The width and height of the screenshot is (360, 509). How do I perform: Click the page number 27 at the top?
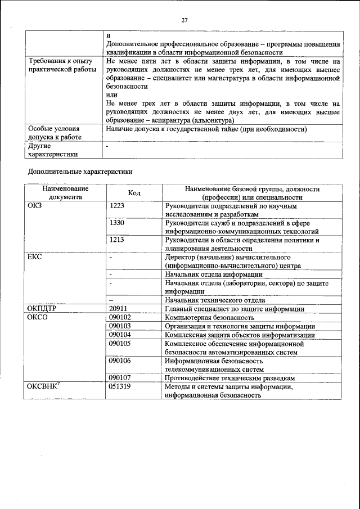pos(184,20)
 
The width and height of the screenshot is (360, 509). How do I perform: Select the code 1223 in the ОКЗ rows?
pos(117,206)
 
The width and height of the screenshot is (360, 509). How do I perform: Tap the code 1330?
pos(117,223)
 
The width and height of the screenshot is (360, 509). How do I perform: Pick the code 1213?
pos(117,240)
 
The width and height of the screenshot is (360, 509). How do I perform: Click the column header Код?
pos(134,193)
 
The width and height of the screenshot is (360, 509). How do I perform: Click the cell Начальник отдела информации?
pos(214,274)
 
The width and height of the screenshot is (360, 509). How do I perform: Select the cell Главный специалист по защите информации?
pos(235,309)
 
